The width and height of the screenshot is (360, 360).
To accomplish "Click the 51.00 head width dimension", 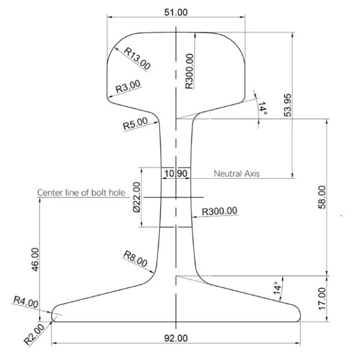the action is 176,12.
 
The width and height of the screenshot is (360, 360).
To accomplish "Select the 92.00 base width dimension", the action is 176,338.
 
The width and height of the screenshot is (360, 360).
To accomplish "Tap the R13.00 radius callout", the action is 137,58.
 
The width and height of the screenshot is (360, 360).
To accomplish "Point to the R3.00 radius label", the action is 128,86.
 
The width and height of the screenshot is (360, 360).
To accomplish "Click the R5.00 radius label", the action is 135,124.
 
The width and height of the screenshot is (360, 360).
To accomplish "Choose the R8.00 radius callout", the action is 135,259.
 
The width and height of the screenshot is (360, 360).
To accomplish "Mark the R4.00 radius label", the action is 26,302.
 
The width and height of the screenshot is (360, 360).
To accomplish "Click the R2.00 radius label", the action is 34,334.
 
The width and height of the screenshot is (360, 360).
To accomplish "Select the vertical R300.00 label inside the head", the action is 190,71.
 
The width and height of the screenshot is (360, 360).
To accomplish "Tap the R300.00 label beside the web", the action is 220,211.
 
